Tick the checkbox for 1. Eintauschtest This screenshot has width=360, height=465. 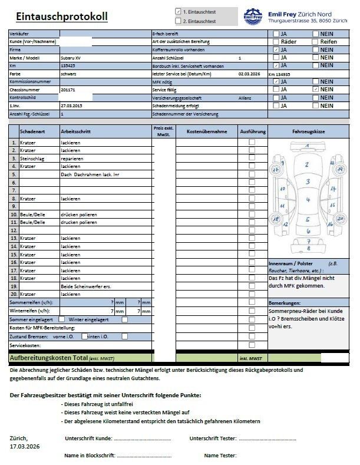178,11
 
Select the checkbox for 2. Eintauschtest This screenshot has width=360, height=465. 178,21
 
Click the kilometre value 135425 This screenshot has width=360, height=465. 68,66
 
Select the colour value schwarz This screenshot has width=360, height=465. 69,74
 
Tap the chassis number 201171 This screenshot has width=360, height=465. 68,90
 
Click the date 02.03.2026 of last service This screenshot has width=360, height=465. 249,74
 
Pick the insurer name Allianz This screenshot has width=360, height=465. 245,97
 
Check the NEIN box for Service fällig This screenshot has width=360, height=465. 316,90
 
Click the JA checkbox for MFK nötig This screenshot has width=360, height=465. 276,82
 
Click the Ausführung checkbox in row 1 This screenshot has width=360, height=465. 252,142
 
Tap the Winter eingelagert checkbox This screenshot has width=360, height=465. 124,319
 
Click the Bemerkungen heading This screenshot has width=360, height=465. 285,302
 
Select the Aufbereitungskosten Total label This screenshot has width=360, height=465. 56,358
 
